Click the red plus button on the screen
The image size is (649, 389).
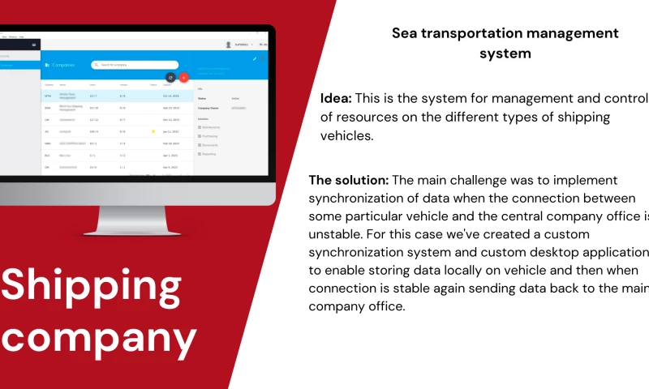tap(183, 78)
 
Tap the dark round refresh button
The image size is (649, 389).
tap(170, 78)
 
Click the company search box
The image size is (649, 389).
tap(135, 64)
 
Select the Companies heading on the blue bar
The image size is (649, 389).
tap(63, 64)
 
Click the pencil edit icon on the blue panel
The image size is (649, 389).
tap(254, 58)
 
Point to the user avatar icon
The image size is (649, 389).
tap(228, 45)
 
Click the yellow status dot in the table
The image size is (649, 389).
tap(153, 130)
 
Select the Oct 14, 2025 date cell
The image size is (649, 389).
tap(170, 96)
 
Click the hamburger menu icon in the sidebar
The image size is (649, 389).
tap(34, 45)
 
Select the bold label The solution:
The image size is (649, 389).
tap(350, 180)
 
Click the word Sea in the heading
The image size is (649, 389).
tap(406, 33)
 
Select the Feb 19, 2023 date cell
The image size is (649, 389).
tap(170, 143)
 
